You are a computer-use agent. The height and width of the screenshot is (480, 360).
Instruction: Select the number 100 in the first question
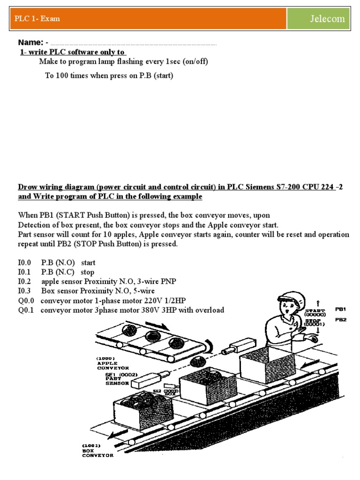pyautogui.click(x=62, y=75)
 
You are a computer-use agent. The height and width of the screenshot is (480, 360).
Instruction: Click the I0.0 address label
pyautogui.click(x=23, y=263)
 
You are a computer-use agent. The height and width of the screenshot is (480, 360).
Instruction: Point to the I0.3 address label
pyautogui.click(x=23, y=291)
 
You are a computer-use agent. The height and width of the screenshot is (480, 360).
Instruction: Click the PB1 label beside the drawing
pyautogui.click(x=341, y=309)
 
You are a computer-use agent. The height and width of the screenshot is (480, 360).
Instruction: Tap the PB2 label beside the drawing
pyautogui.click(x=341, y=320)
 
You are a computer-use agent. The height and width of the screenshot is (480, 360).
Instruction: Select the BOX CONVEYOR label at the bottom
pyautogui.click(x=98, y=452)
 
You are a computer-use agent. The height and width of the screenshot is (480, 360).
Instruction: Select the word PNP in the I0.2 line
pyautogui.click(x=168, y=282)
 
